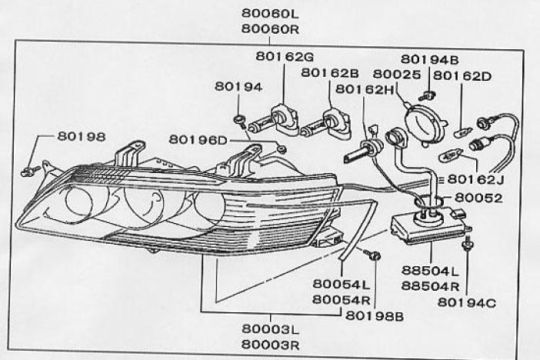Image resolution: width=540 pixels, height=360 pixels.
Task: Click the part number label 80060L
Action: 270,14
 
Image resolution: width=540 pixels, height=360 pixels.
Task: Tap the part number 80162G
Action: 285,56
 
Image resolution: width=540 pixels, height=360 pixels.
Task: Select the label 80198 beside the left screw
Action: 82,136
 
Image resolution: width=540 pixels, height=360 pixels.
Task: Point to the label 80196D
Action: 198,140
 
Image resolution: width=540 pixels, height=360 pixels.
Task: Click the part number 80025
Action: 397,75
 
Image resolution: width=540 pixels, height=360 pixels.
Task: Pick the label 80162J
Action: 475,179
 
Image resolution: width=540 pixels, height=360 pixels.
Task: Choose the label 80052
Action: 478,198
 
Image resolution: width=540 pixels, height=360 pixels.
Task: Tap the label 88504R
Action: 430,286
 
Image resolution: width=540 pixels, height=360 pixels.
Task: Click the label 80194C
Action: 467,302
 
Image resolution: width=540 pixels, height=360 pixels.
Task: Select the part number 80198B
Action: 375,316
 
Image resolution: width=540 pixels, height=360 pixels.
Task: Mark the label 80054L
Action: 342,284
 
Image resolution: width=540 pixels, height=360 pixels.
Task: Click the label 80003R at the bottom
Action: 270,345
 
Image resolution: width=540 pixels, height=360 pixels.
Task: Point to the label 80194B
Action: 429,60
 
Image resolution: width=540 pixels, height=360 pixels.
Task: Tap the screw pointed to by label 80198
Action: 30,171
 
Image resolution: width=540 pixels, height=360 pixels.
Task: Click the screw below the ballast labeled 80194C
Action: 468,244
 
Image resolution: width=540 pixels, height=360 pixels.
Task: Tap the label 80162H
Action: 365,89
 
